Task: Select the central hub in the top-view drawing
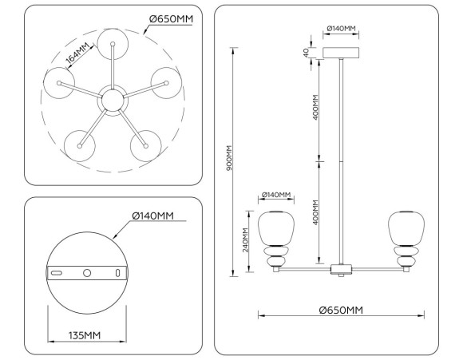pos(111,101)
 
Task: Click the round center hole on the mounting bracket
pos(88,272)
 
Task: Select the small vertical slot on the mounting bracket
pos(118,273)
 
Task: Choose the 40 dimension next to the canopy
pos(306,53)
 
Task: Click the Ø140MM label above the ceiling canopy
pos(341,30)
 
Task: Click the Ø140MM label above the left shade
pos(276,196)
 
